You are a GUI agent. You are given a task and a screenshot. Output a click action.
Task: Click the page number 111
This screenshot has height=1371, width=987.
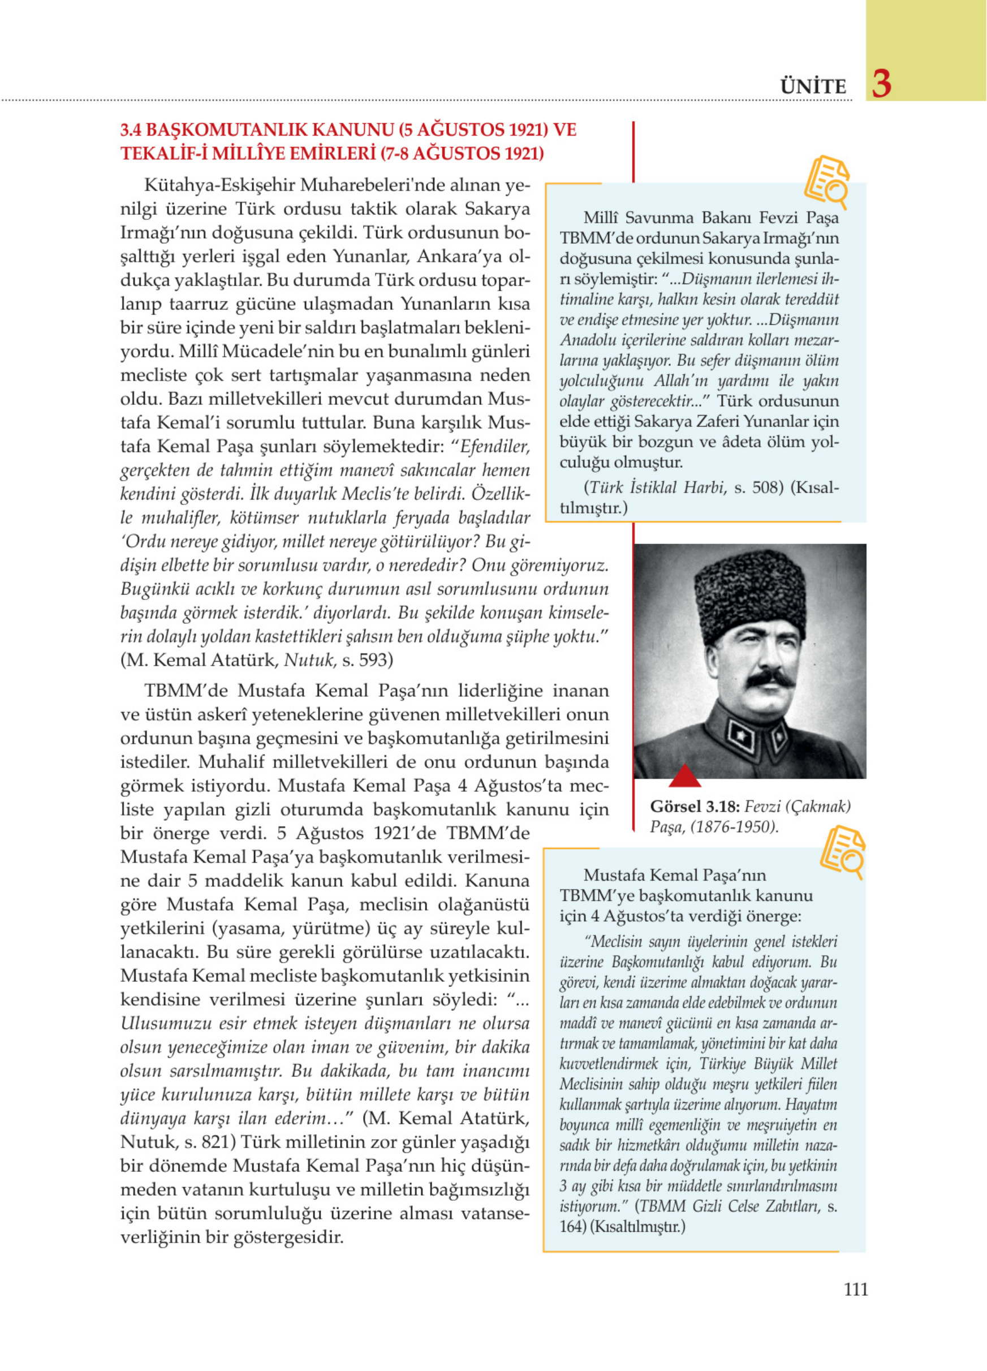click(x=855, y=1290)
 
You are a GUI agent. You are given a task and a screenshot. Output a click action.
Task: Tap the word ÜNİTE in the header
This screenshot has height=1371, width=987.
click(x=813, y=87)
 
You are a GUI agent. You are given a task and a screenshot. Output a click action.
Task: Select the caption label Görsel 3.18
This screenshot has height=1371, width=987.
click(x=695, y=807)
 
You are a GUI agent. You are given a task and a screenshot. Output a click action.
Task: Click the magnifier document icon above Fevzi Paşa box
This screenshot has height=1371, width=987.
click(x=826, y=180)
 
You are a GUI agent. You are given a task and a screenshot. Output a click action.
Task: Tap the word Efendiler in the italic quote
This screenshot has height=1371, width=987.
click(x=495, y=447)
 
